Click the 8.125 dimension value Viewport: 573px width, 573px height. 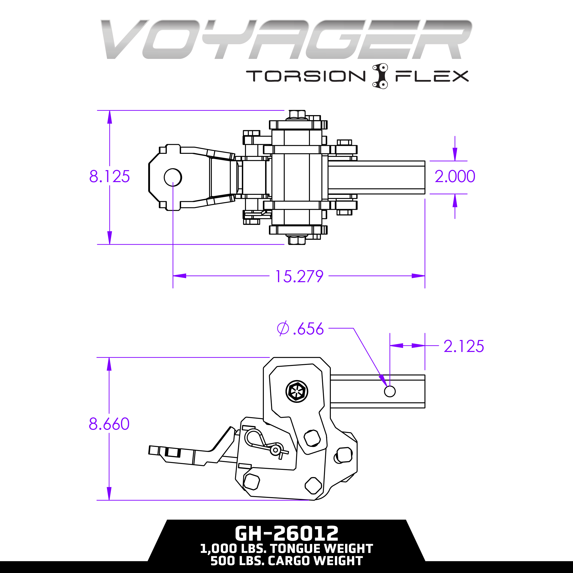tap(110, 176)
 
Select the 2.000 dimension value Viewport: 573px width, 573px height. tap(455, 176)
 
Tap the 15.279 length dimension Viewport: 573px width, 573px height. tap(299, 276)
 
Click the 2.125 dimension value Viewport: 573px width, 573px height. tap(463, 346)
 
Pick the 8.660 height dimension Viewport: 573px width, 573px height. tap(109, 424)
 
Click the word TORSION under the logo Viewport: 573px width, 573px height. tap(306, 76)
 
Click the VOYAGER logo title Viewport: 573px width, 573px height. tap(286, 39)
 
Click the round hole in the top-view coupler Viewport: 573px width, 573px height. tap(173, 177)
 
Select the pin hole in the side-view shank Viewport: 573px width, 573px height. tap(390, 391)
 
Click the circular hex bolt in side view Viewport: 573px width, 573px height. tap(297, 391)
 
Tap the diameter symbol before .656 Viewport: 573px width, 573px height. tap(283, 329)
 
